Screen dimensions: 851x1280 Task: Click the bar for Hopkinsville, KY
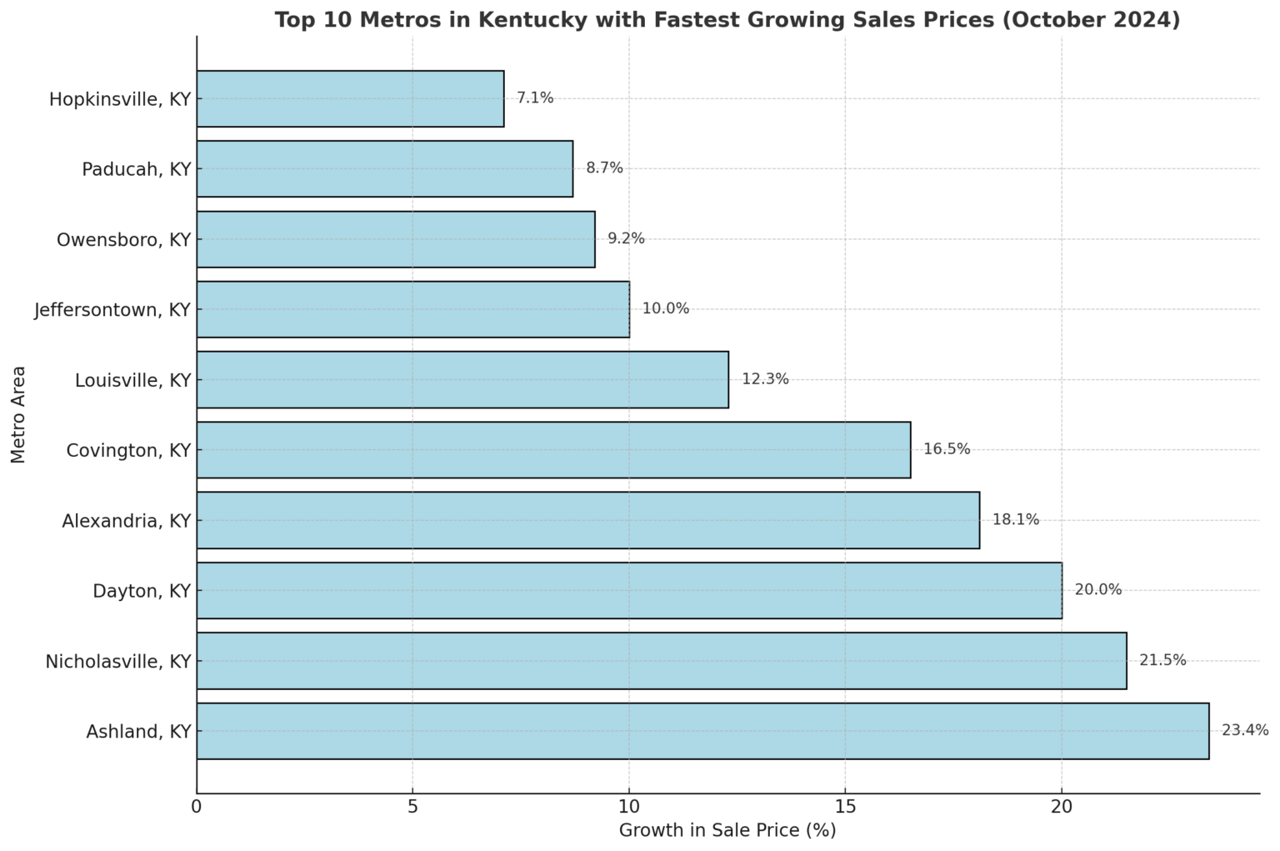[x=350, y=98]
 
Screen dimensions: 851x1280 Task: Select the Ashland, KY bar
[x=702, y=731]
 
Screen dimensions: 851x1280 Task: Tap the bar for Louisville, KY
[x=462, y=379]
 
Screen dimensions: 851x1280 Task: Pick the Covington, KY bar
[x=553, y=450]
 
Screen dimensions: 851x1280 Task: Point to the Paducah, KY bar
[x=385, y=168]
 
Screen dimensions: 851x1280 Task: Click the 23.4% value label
[x=1244, y=731]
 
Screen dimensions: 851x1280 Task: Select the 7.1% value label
[x=535, y=98]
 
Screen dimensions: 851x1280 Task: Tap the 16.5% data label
[x=947, y=449]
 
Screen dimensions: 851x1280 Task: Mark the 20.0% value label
[x=1097, y=590]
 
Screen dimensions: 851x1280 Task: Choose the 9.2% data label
[x=626, y=239]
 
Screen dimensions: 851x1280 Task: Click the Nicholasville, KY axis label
[x=118, y=662]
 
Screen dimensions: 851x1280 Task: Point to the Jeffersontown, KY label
[x=112, y=310]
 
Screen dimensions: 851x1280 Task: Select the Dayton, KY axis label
[x=142, y=592]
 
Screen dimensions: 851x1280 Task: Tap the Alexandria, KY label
[x=127, y=522]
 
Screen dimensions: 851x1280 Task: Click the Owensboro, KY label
[x=123, y=240]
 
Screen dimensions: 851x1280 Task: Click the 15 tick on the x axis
[x=845, y=807]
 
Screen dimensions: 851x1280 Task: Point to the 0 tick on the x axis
[x=197, y=807]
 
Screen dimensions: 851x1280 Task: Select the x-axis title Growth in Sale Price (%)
[x=727, y=831]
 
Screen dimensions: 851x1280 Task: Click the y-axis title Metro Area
[x=19, y=414]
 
